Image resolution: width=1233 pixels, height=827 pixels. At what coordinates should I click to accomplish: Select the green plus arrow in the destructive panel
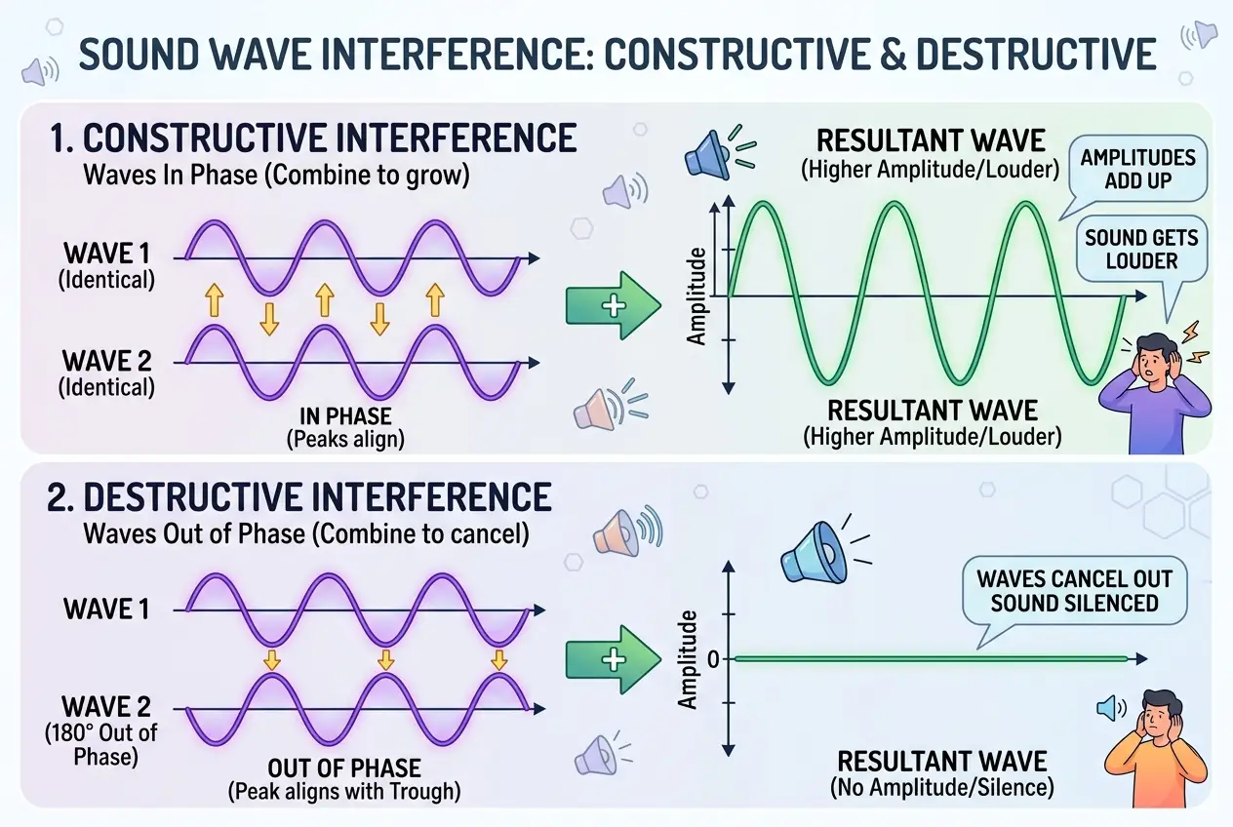612,660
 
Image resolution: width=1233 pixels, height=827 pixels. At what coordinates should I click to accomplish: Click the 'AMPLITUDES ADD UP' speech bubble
1138,169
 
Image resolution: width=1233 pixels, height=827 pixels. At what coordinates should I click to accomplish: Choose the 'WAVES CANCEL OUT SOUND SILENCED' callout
1074,590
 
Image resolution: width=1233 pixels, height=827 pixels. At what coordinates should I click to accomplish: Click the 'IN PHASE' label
345,417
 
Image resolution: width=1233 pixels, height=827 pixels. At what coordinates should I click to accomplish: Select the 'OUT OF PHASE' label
345,768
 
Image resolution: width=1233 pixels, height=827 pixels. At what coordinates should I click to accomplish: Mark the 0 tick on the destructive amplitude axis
713,660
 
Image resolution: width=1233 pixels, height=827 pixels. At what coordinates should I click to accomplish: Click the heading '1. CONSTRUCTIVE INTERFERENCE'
311,139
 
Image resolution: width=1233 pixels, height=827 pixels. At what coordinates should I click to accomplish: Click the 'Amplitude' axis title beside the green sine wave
696,295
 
